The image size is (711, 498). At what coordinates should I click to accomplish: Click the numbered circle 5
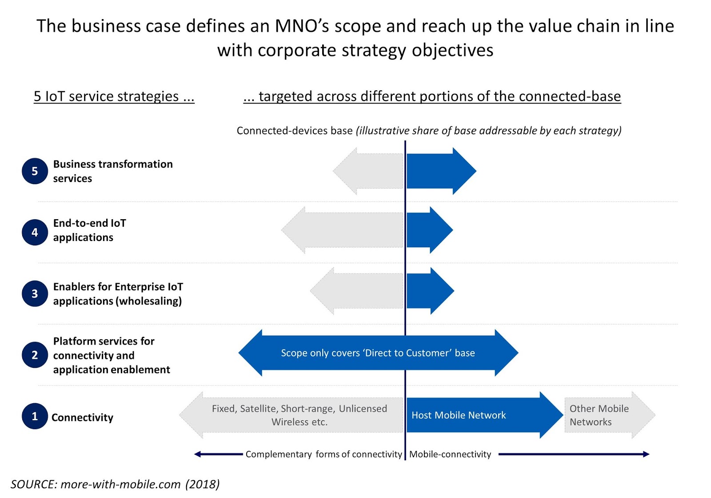click(35, 171)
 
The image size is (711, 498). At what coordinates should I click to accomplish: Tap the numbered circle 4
click(35, 232)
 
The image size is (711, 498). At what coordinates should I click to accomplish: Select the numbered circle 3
click(35, 293)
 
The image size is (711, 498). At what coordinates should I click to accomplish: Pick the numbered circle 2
click(35, 355)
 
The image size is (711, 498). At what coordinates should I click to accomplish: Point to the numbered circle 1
click(35, 416)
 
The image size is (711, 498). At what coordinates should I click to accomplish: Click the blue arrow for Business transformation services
click(438, 171)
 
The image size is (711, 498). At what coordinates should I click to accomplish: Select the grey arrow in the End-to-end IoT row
click(344, 230)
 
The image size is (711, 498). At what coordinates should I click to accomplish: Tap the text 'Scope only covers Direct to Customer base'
click(378, 353)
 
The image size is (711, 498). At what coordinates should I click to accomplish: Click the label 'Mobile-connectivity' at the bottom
click(450, 454)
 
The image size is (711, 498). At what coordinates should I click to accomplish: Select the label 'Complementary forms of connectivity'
click(324, 454)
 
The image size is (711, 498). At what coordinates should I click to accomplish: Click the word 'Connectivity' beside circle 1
click(82, 417)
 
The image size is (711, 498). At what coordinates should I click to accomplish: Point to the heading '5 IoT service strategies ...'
click(114, 96)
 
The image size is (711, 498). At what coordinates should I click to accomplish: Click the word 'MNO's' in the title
click(302, 26)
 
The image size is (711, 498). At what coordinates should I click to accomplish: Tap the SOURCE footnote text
click(115, 484)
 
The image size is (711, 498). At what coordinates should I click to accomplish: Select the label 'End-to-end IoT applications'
click(89, 230)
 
